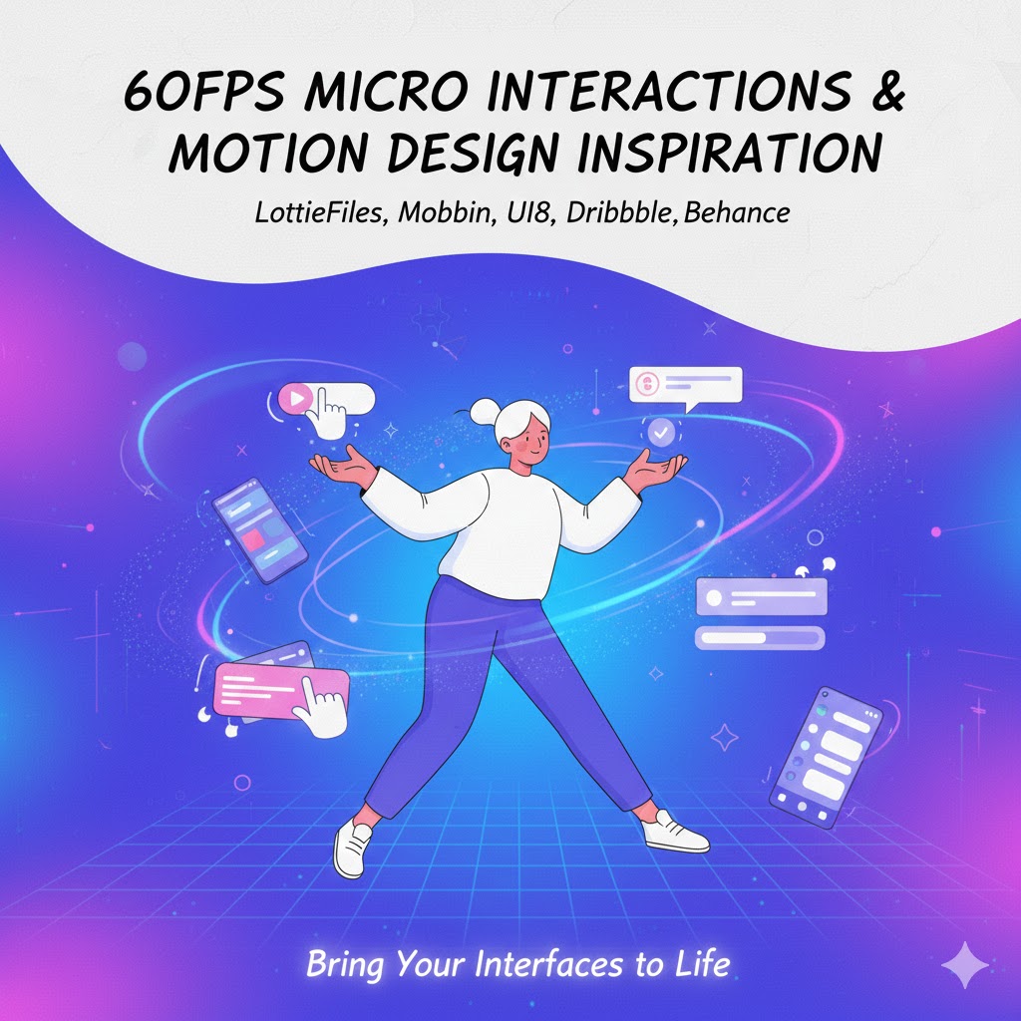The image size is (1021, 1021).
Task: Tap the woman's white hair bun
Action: (x=487, y=409)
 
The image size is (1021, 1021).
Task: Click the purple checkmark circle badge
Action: (x=661, y=432)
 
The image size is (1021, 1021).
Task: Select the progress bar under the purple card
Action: (x=760, y=637)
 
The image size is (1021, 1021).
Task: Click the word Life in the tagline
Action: (x=702, y=964)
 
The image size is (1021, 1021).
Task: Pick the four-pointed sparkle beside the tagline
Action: (x=964, y=965)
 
